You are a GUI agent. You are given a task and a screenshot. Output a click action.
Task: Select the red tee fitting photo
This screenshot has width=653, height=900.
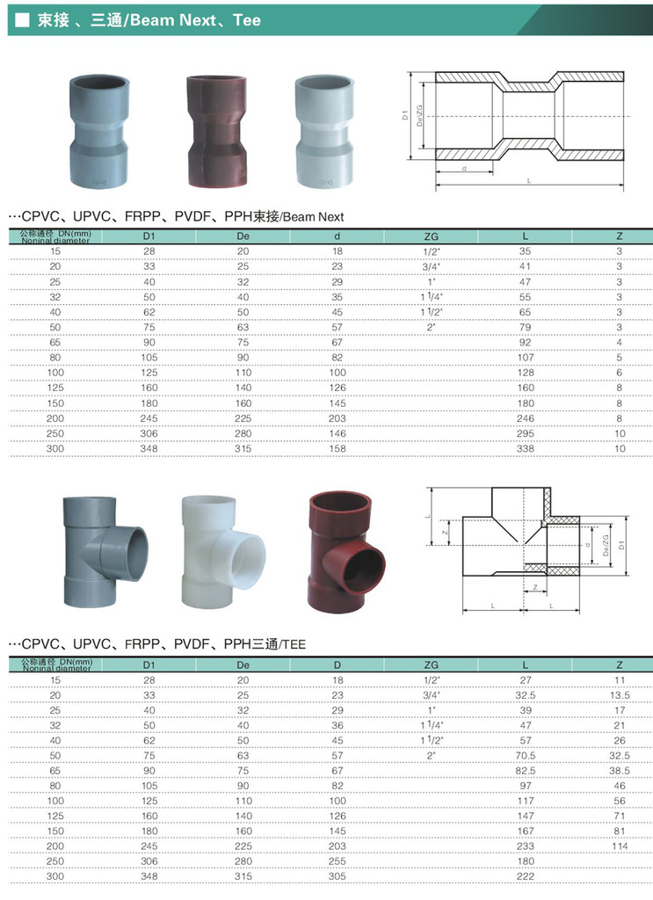tap(346, 552)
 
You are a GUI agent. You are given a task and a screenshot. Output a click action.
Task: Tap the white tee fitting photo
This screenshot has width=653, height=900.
tap(222, 552)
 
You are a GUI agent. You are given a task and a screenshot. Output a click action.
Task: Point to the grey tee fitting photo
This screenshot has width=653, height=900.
tap(105, 552)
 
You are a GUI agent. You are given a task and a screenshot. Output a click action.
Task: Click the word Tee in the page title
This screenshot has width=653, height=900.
tap(247, 20)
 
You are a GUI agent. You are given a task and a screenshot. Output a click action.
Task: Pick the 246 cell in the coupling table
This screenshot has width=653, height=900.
tap(525, 418)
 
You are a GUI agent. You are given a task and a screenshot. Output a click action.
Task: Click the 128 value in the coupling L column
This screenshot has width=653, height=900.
tap(525, 373)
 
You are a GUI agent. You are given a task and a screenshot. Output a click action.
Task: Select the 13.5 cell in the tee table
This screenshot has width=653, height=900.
tap(620, 695)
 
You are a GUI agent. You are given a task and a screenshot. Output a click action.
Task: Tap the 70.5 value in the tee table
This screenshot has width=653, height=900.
tap(525, 756)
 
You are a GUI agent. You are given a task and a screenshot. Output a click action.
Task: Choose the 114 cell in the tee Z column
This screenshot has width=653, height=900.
tap(620, 846)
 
